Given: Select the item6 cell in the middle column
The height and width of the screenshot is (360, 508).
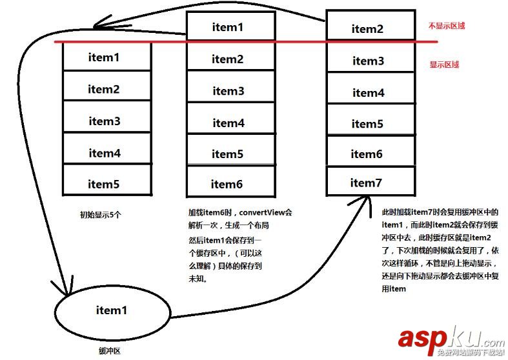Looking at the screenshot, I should coord(227,185).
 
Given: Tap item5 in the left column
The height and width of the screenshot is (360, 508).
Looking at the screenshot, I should coord(105,184).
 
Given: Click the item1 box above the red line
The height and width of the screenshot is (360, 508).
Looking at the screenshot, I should coord(229,27).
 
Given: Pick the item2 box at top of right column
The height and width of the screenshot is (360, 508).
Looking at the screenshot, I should coord(368,28).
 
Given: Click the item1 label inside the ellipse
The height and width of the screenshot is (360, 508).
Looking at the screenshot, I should coord(111,310).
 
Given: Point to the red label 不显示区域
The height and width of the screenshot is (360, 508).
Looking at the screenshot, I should coord(447,26).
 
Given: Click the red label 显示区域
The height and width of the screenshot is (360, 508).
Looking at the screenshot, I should coord(444,65).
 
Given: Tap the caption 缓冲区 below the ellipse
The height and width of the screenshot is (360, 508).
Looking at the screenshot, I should coord(110,350).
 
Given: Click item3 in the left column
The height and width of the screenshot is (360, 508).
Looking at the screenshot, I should coord(105,121).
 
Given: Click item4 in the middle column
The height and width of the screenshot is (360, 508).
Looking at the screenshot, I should coord(229,123).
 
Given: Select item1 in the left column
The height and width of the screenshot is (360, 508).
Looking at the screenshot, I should coord(105,57).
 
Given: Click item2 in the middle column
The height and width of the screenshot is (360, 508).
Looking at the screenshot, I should coord(228,59).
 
